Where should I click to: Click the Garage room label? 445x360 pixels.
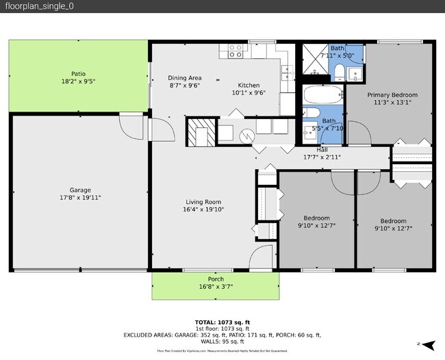click(x=79, y=190)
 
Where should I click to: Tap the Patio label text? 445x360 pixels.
click(x=79, y=73)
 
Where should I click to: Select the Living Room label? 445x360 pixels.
click(x=204, y=201)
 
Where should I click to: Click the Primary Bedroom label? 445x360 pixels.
click(x=392, y=95)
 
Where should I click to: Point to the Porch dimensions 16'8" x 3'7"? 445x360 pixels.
click(x=215, y=287)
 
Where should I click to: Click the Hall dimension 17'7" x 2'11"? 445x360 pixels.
click(x=322, y=157)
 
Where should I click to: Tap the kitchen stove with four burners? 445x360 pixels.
click(x=236, y=51)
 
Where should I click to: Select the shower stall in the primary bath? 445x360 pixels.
click(x=316, y=60)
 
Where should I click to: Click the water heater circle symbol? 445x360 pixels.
click(x=246, y=135)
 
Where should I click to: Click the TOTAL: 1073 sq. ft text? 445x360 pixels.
click(x=222, y=322)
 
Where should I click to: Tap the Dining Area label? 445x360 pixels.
click(x=185, y=77)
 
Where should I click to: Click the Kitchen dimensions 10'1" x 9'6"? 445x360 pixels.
click(x=249, y=92)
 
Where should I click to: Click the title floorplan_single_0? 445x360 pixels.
click(x=31, y=6)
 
